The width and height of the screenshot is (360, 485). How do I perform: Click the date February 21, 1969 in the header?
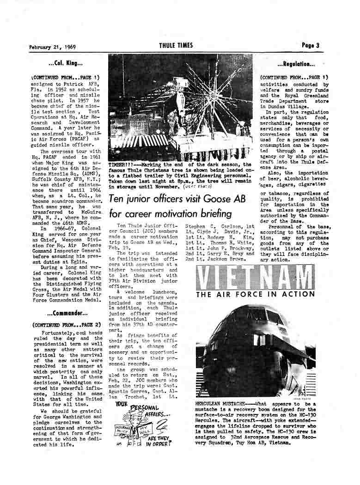tap(52, 46)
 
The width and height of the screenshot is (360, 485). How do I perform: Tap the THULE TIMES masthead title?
tap(176, 45)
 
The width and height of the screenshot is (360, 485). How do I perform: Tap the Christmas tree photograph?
tap(180, 107)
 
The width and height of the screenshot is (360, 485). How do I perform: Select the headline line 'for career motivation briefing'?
tap(170, 214)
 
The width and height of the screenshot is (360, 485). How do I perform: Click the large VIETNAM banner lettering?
tap(255, 278)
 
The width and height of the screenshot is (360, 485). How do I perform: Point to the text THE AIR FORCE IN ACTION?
tap(255, 295)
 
